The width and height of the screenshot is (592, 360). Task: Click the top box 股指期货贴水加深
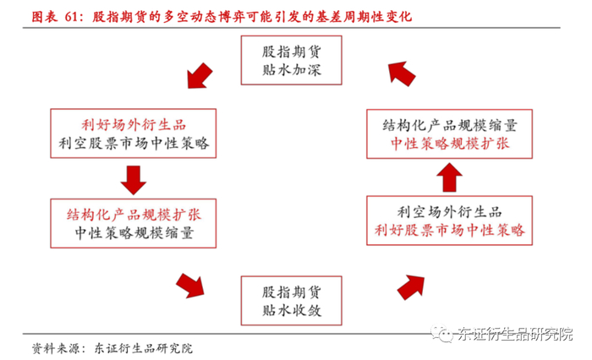click(291, 60)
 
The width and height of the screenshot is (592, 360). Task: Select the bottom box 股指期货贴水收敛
click(291, 301)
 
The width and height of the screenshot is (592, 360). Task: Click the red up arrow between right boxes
click(450, 177)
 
